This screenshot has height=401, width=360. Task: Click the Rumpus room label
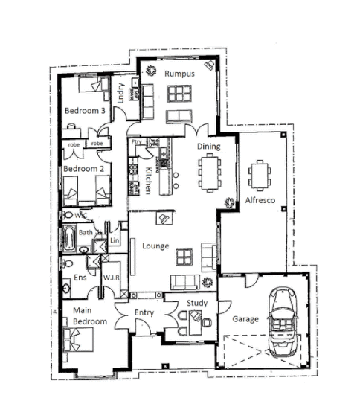[x=179, y=74]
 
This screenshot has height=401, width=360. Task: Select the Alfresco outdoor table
[x=260, y=176]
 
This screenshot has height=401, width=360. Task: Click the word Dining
[x=208, y=147]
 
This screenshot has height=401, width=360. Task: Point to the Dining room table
[x=210, y=173]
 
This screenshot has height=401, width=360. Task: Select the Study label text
[x=196, y=303]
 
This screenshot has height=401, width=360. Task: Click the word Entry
[x=144, y=312]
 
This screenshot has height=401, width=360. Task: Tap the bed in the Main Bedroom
[x=78, y=339]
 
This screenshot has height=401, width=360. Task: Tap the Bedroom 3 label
[x=83, y=110]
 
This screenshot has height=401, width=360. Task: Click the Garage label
[x=245, y=319]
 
